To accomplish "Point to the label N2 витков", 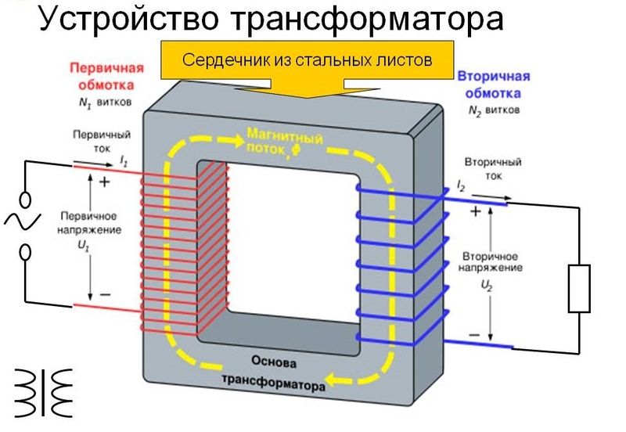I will [493, 110].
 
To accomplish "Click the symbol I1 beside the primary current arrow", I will [124, 160].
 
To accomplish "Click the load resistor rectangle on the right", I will [580, 288].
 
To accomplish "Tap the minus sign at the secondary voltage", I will [473, 335].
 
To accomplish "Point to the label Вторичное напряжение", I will [493, 262].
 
